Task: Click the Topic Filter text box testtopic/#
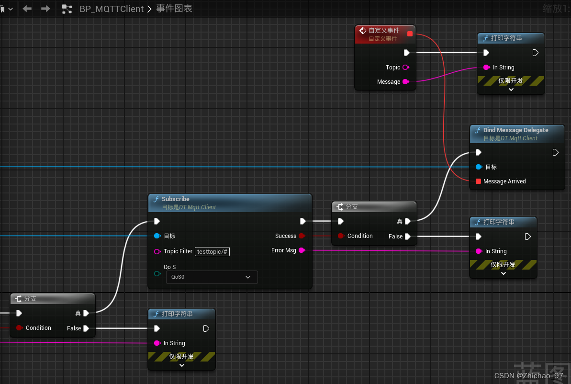pos(212,251)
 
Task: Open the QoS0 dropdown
pos(212,277)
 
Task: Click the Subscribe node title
pos(176,199)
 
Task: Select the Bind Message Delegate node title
pos(515,130)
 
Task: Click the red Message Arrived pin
pos(478,181)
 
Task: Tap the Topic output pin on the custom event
pos(405,68)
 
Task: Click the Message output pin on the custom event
pos(405,82)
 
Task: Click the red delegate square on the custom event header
pos(410,34)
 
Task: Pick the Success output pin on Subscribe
pos(302,236)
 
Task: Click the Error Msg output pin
pos(302,250)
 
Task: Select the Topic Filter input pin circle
pos(157,251)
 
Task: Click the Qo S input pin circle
pos(157,273)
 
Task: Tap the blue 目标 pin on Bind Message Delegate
pos(478,167)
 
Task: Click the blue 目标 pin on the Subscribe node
pos(157,236)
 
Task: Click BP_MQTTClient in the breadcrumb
pos(112,9)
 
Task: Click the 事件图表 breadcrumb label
pos(174,9)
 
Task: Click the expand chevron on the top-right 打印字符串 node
pos(511,90)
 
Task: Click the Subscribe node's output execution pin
pos(303,221)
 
